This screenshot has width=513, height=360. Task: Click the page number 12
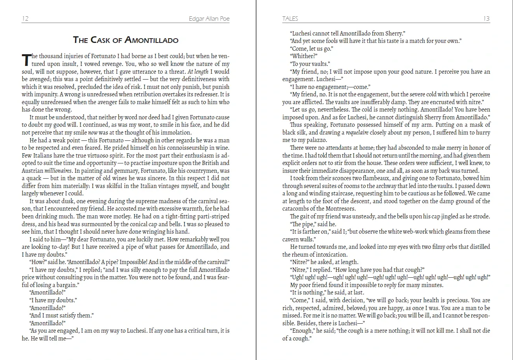click(x=25, y=19)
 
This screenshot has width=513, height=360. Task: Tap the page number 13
click(x=486, y=19)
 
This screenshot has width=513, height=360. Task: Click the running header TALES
click(x=290, y=19)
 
